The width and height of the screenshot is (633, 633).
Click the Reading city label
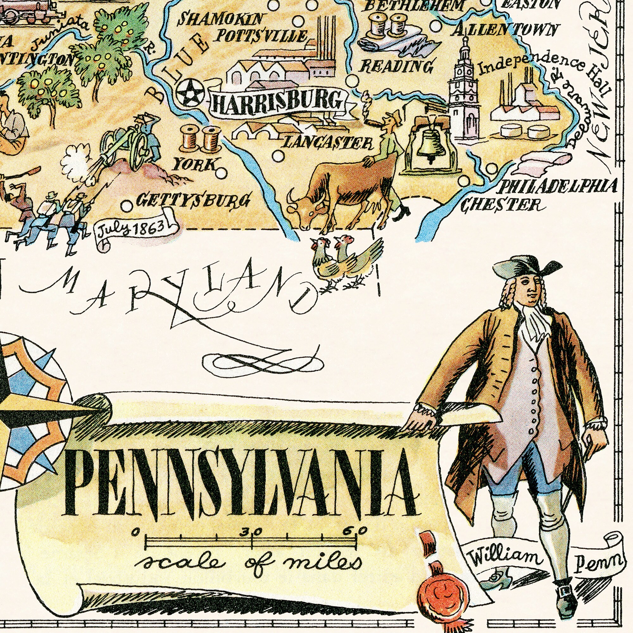click(x=397, y=66)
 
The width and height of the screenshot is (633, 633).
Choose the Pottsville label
click(x=260, y=35)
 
